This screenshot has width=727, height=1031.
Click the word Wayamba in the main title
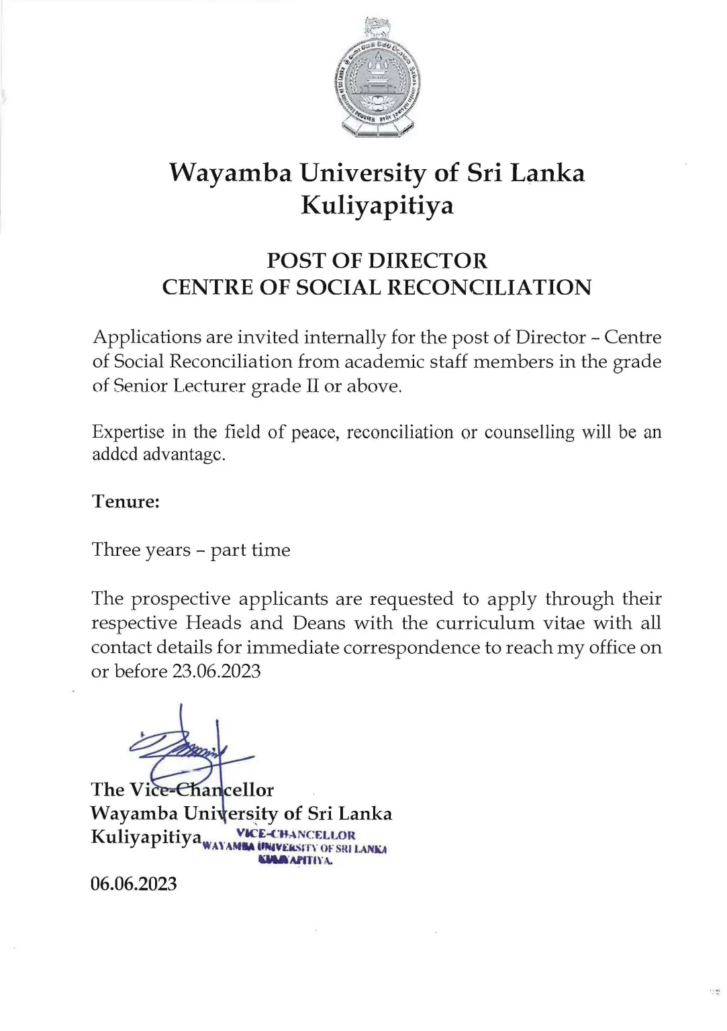[229, 173]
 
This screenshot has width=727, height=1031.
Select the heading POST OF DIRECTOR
[377, 260]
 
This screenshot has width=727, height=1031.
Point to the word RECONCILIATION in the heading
[493, 287]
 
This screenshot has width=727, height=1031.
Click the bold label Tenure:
[126, 502]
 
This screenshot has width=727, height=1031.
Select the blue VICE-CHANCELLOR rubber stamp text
[295, 836]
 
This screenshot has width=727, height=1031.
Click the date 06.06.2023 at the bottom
[134, 884]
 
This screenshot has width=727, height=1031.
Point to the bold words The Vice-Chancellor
[182, 789]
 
